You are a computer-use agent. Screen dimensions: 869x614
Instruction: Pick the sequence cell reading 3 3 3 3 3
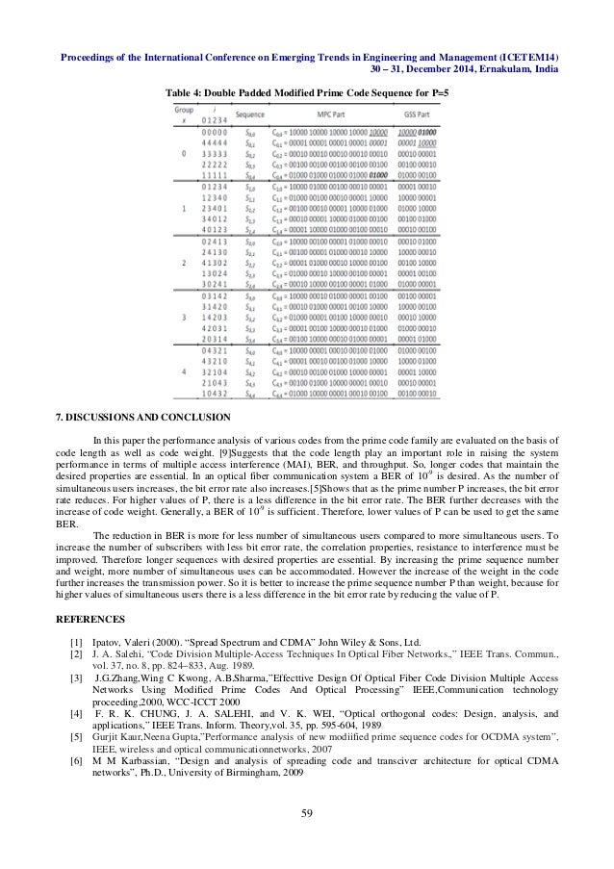pos(211,152)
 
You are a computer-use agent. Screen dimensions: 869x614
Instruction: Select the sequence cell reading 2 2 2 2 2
pos(211,165)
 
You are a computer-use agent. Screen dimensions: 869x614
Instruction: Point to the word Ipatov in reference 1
pos(106,639)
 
